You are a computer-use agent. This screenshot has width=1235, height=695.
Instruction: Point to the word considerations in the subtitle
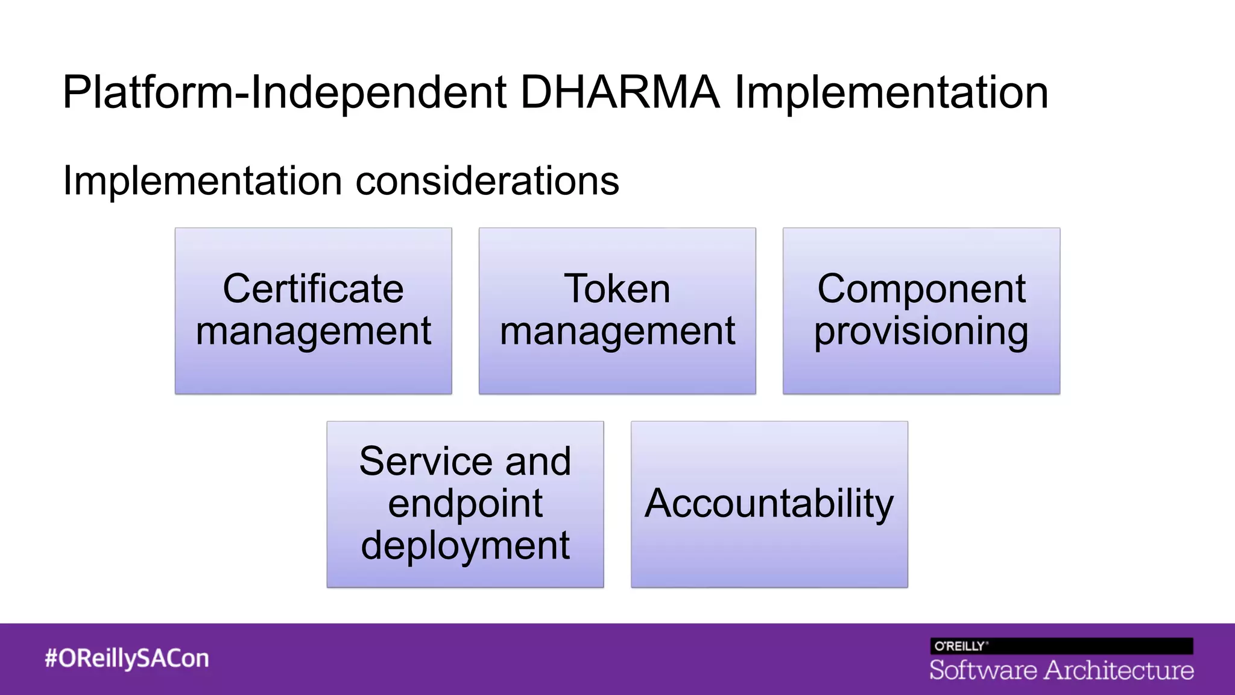(487, 180)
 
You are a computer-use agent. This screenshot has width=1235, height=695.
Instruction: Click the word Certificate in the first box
(313, 288)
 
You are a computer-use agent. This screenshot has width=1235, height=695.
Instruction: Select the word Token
(617, 288)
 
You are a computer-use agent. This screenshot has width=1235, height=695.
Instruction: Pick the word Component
(921, 288)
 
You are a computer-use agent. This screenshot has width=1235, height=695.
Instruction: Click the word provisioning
(921, 331)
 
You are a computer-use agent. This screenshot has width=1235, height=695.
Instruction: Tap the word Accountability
(769, 503)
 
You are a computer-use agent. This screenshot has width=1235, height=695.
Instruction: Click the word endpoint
(465, 504)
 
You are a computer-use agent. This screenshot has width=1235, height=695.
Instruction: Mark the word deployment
(465, 545)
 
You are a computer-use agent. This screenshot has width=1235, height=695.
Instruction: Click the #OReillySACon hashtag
(127, 658)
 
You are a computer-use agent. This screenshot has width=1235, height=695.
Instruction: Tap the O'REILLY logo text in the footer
(960, 646)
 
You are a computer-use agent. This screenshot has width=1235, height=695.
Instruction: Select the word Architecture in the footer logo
(1119, 670)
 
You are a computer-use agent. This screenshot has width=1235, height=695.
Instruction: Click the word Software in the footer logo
(983, 670)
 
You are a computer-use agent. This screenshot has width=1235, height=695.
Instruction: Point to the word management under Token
(617, 331)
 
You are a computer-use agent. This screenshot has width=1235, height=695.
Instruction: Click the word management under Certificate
(313, 331)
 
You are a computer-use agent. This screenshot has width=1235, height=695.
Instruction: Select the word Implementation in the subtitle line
(204, 180)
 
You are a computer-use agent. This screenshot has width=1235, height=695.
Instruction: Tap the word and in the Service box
(538, 462)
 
